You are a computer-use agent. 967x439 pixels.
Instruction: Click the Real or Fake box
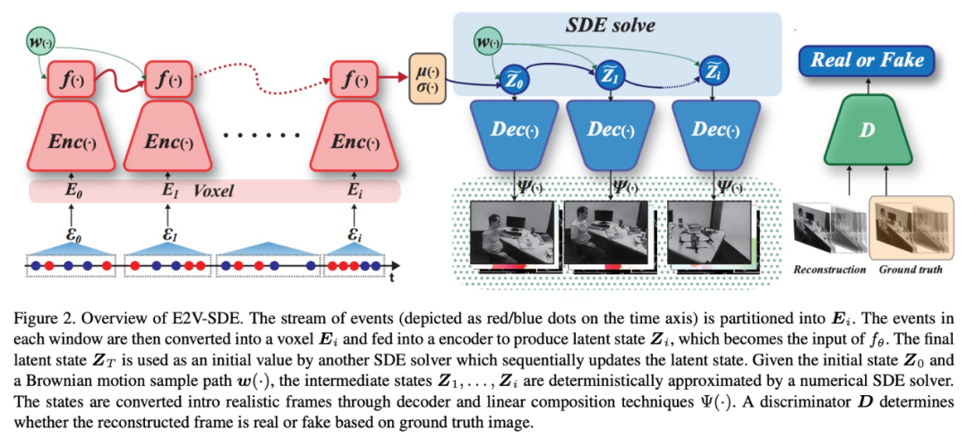coord(866,61)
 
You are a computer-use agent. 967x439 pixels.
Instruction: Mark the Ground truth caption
coord(911,269)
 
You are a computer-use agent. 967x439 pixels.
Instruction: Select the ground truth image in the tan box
coord(909,224)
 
